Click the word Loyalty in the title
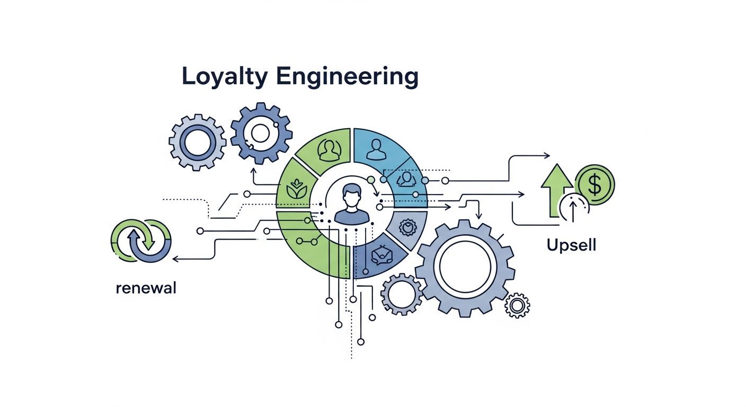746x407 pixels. click(225, 77)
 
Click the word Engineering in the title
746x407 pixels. click(347, 77)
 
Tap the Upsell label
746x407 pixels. click(571, 246)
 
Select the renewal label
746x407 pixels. click(146, 288)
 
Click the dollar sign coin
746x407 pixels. click(594, 184)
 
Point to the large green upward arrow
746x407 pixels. click(556, 190)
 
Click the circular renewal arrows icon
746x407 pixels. click(141, 241)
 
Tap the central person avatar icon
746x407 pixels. click(352, 203)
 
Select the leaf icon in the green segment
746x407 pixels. click(296, 189)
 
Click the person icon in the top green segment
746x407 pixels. click(330, 150)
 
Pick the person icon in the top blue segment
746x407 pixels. click(376, 149)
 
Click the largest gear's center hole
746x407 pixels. click(465, 266)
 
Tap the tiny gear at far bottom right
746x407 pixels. click(517, 305)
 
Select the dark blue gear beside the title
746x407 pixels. click(261, 133)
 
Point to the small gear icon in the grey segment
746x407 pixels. click(407, 227)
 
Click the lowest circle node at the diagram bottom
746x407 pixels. click(361, 342)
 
